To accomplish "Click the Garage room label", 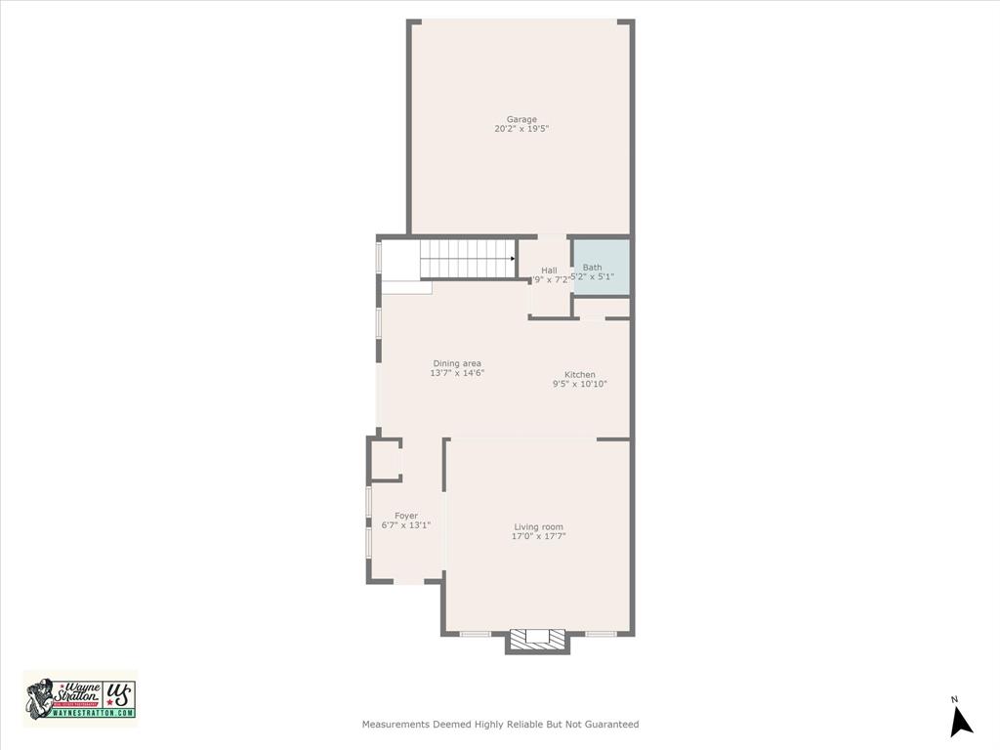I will click(x=521, y=119).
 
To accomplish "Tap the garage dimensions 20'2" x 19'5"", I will click(x=521, y=129).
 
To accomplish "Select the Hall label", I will click(x=549, y=271).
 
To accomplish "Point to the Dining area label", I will click(x=457, y=363).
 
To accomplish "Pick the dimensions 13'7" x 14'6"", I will click(x=457, y=373).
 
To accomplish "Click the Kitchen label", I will click(x=579, y=374).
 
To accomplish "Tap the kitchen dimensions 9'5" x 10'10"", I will click(x=580, y=384).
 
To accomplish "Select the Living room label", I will click(x=539, y=526).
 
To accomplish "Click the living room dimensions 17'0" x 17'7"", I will click(x=539, y=536).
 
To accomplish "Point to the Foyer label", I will click(x=406, y=516).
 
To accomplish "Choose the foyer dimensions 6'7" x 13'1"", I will click(x=406, y=525).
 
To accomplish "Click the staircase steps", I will click(x=464, y=259).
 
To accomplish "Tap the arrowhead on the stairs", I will click(x=512, y=259).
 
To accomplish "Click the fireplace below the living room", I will click(x=537, y=639).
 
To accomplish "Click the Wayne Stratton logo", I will click(x=80, y=698).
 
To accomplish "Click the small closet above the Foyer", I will click(x=386, y=459).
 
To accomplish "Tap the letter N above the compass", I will click(x=954, y=699).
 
